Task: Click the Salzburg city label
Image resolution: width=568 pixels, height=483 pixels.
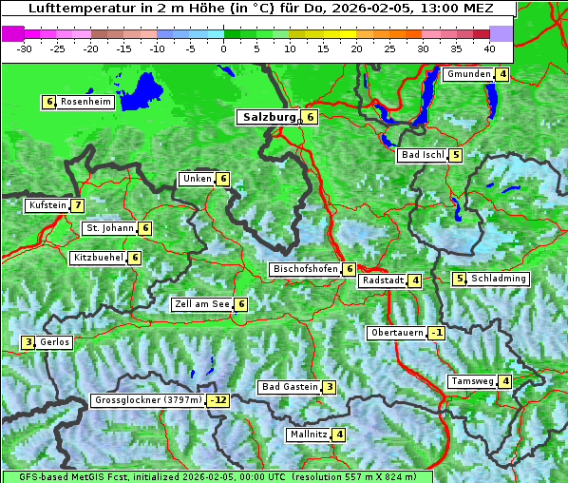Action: point(267,117)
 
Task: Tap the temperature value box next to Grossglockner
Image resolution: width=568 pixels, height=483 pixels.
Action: point(218,400)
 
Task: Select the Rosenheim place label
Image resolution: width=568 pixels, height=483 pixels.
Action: point(85,102)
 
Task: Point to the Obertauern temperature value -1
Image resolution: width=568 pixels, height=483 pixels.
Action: point(436,333)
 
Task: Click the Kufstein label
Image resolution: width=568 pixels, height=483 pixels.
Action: point(47,205)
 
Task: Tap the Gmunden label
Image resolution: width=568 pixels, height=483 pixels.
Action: point(468,74)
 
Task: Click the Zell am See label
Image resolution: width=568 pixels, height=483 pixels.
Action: point(201,304)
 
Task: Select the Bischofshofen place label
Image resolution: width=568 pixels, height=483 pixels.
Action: point(305,269)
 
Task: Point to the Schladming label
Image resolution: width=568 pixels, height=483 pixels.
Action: point(499,279)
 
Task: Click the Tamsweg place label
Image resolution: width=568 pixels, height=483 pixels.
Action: point(472,381)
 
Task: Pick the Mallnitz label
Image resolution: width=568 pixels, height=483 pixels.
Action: point(308,435)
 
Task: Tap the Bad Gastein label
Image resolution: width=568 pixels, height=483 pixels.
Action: point(290,387)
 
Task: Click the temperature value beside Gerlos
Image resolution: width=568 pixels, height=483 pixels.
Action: point(28,342)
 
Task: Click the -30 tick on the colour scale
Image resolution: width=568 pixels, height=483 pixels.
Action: point(26,48)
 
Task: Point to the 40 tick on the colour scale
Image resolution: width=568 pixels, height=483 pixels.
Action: point(488,48)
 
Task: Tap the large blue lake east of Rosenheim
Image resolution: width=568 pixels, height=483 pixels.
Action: point(143,90)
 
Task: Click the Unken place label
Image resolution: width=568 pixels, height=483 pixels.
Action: point(197,179)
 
